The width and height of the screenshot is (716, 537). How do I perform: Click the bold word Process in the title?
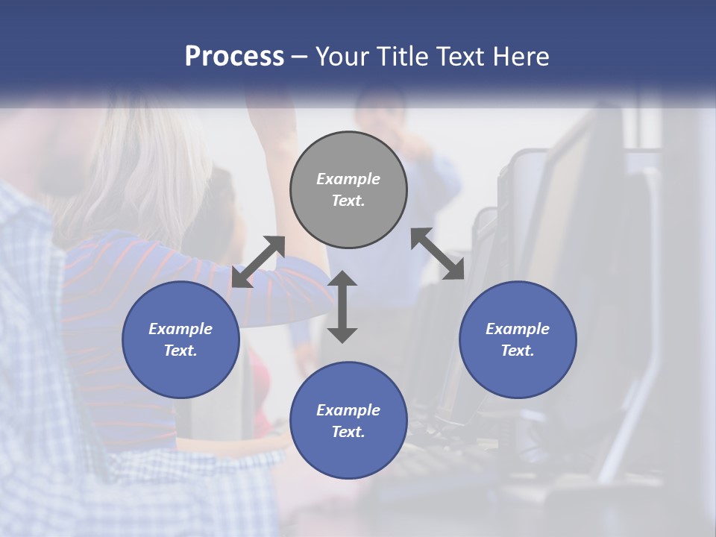[234, 57]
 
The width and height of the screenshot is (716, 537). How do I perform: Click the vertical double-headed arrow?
[342, 307]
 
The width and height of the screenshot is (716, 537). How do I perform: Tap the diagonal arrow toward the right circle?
[437, 254]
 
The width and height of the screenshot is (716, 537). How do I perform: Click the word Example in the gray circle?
[348, 179]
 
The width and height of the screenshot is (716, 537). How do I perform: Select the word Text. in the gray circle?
[348, 201]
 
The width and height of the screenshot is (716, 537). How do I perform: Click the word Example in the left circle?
[180, 329]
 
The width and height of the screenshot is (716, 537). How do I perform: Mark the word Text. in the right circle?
[518, 351]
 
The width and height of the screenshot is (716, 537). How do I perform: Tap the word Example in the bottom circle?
[348, 410]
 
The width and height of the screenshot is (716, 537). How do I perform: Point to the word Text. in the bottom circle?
[348, 432]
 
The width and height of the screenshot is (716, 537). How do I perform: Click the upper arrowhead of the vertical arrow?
[342, 278]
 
